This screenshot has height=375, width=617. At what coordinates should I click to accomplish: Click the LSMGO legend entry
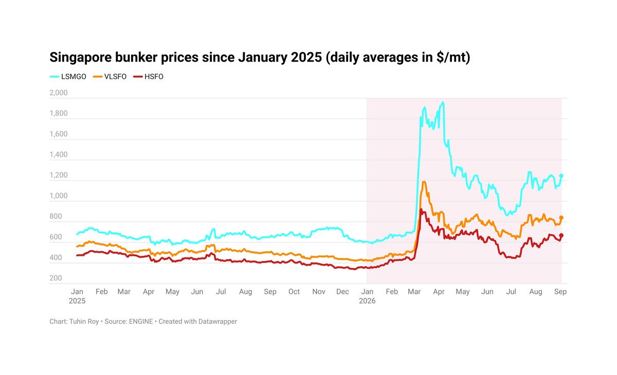click(68, 77)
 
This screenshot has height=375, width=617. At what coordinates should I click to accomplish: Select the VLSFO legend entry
click(110, 77)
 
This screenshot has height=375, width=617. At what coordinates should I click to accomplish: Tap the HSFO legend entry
click(148, 77)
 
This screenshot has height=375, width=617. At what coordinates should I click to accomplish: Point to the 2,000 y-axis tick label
click(59, 92)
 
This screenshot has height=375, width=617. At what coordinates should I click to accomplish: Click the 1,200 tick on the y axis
click(59, 175)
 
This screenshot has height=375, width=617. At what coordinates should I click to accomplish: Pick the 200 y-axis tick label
click(56, 278)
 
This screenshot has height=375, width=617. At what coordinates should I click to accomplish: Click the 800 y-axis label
click(56, 217)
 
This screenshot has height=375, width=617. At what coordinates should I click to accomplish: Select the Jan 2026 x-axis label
click(367, 296)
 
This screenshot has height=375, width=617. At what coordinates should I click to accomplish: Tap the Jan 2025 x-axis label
click(77, 296)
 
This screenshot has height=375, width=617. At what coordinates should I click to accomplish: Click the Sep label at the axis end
click(560, 292)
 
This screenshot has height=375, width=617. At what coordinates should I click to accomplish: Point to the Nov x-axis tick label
click(319, 292)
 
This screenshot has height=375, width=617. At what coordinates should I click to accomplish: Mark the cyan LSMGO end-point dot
click(561, 176)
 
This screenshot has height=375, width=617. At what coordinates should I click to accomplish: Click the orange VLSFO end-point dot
click(561, 218)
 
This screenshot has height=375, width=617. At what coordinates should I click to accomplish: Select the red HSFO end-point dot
click(561, 235)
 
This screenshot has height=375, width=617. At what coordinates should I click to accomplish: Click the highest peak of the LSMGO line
click(443, 102)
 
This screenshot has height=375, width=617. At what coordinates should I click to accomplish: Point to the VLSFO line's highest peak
click(424, 182)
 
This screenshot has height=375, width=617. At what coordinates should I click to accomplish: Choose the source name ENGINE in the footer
click(141, 322)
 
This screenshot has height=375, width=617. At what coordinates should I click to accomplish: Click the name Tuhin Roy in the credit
click(84, 322)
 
